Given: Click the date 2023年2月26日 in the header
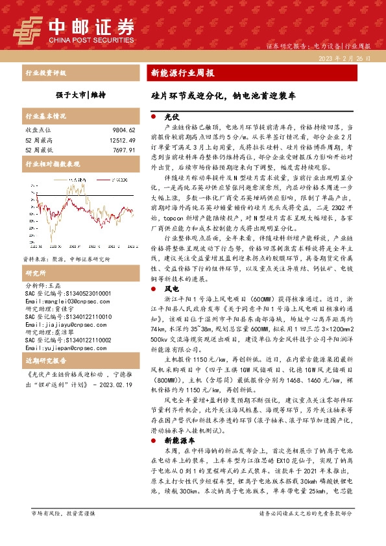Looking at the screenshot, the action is point(344,58).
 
